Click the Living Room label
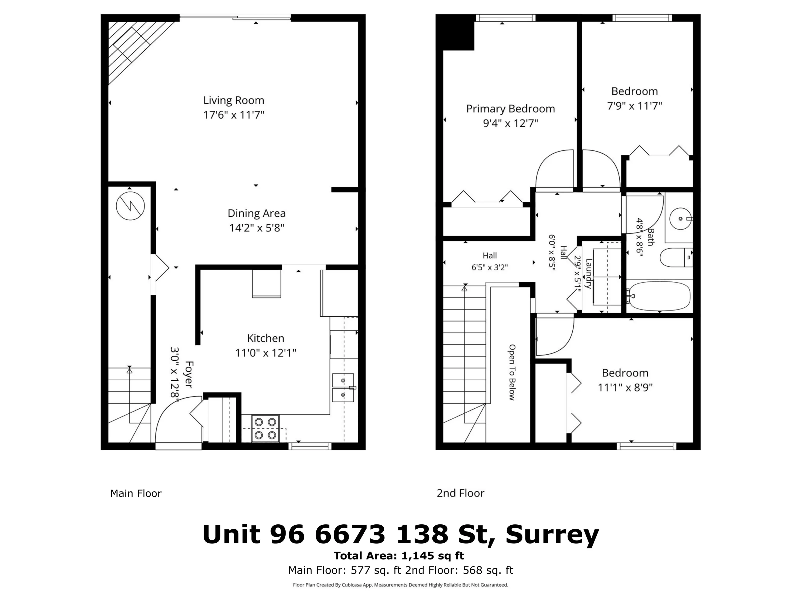[x=234, y=100]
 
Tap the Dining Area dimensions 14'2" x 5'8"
[x=256, y=228]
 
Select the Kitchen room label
[x=265, y=338]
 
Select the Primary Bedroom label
[x=510, y=109]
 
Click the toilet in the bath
[x=675, y=258]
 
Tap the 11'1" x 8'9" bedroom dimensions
[x=625, y=388]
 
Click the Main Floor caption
[x=136, y=493]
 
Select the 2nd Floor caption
[x=460, y=493]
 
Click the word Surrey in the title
[x=552, y=534]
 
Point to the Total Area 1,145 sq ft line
[x=399, y=556]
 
